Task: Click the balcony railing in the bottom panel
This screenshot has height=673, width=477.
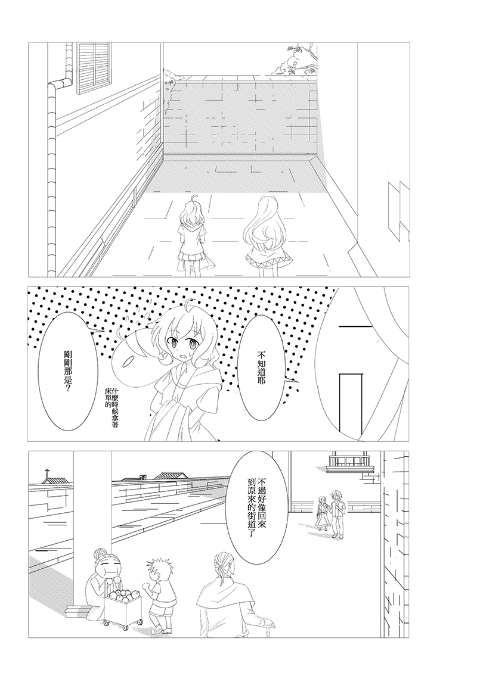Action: point(348,462)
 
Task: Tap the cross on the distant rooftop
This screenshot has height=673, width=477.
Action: point(46,474)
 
